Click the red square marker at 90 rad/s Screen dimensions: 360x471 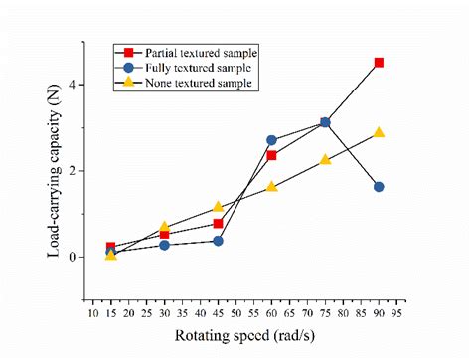coord(379,63)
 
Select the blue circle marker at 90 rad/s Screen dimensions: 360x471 coord(379,187)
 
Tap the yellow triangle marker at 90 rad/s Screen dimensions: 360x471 coord(379,132)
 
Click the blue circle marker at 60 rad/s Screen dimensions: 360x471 coord(271,140)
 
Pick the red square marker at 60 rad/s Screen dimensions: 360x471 coord(271,155)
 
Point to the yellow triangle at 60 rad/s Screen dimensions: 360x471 coord(271,186)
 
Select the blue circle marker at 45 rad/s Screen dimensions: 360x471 coord(218,241)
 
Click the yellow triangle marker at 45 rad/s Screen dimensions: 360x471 coord(218,207)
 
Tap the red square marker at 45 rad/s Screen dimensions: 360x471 coord(218,224)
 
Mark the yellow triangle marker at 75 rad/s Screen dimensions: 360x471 coord(325,159)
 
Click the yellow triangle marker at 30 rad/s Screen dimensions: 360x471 coord(165,227)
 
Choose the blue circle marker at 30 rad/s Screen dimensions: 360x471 coord(165,245)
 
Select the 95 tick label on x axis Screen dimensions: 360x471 coord(396,312)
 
